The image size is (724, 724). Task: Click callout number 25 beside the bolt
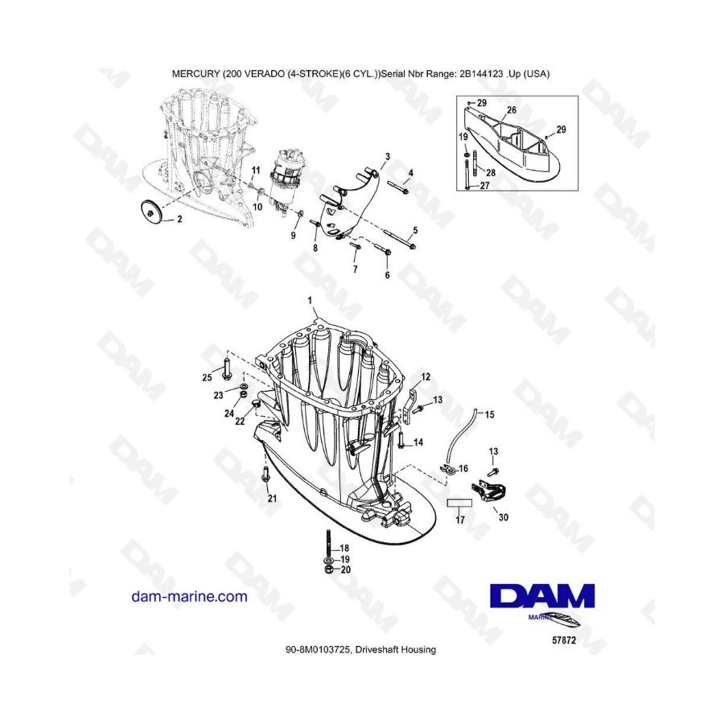point(207,377)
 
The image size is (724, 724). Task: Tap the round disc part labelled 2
point(151,212)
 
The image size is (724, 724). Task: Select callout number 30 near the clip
point(504,517)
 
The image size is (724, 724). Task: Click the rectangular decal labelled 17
point(459,502)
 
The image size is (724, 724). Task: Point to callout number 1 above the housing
point(310,301)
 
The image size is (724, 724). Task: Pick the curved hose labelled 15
point(462,434)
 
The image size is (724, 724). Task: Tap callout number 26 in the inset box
point(511,110)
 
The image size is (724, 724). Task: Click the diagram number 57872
point(564,640)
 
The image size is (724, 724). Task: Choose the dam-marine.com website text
point(189,597)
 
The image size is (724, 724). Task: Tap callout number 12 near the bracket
point(426,376)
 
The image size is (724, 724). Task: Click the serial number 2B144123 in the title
point(481,73)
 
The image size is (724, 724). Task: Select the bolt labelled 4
point(397,188)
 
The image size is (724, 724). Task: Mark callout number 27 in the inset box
point(484,186)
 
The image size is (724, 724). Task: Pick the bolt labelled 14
point(401,440)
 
